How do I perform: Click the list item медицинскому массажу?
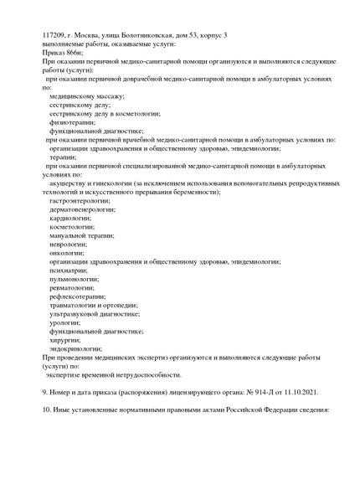click(x=87, y=96)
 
